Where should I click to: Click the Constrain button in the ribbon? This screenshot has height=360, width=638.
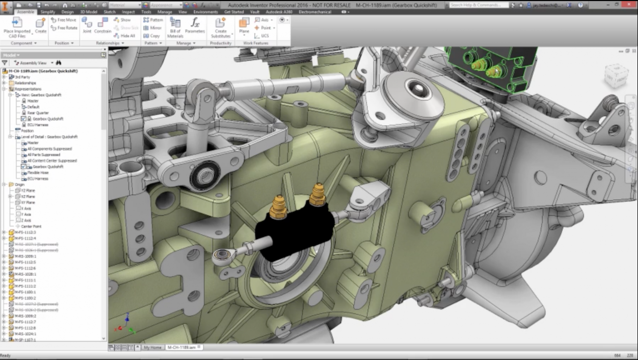(x=103, y=26)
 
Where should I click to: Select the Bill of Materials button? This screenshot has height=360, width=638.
(x=175, y=27)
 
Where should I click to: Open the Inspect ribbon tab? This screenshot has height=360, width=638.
(x=128, y=12)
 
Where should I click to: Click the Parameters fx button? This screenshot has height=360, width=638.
(x=195, y=26)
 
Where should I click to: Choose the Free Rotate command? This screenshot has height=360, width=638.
(x=64, y=28)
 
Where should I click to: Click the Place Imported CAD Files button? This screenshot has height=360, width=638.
(x=17, y=27)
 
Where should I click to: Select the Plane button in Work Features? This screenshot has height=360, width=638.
(x=244, y=26)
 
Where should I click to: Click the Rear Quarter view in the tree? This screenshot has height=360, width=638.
(x=38, y=113)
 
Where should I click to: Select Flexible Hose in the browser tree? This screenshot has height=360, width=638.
(x=38, y=173)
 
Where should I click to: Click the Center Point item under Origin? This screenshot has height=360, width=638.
(x=31, y=226)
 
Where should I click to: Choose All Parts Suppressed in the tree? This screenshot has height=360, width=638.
(x=44, y=155)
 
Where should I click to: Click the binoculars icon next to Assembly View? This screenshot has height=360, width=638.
(x=59, y=63)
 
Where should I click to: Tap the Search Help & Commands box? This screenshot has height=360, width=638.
(x=478, y=5)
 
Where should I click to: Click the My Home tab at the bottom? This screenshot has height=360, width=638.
(x=153, y=348)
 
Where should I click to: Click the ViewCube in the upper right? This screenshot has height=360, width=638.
(x=616, y=75)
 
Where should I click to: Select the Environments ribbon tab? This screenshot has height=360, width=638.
(x=205, y=12)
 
